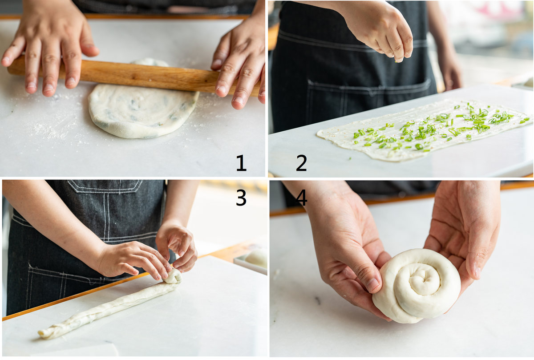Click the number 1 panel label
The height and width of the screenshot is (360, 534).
coord(241,163)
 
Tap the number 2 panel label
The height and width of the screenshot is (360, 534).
coord(301,163)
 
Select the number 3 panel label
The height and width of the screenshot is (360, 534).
coord(241,198)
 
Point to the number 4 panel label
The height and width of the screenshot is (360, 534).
coord(301,198)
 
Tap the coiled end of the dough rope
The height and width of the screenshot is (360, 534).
coord(173,276)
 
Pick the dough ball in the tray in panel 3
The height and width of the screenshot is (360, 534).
coord(256,258)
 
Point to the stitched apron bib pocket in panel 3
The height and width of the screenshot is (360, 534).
coord(105,186)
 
